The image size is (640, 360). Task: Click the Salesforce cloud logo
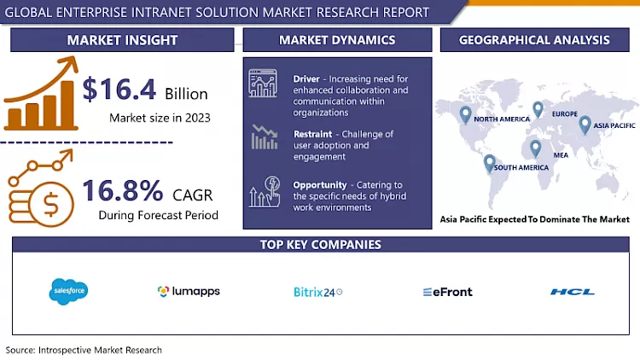point(69,291)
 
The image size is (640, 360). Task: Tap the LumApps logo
point(189,292)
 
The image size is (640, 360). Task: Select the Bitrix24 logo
point(317,292)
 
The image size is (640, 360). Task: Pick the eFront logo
point(447,292)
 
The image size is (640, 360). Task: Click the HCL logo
point(573,292)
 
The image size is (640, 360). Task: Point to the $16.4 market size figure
point(116,90)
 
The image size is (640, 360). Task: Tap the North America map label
point(503,119)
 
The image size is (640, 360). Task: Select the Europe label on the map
point(565,114)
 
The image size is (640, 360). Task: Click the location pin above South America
point(489,161)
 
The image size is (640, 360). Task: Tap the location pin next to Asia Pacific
point(585,125)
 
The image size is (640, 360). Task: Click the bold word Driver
point(306,78)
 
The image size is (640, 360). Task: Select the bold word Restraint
point(313,134)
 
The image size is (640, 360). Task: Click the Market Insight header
point(122,40)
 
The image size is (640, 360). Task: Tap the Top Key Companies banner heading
point(320,245)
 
